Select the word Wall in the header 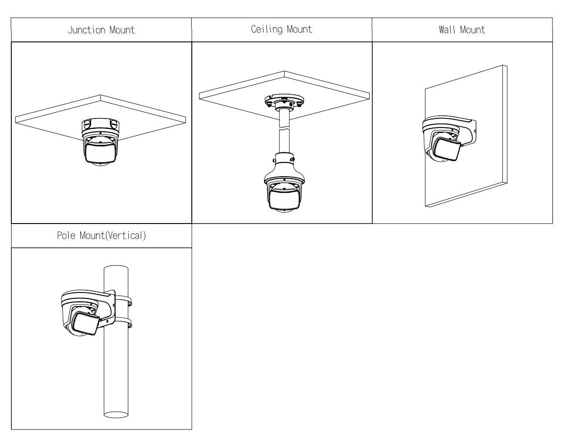pyautogui.click(x=447, y=30)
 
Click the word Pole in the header pyautogui.click(x=65, y=236)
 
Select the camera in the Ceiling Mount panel pyautogui.click(x=282, y=189)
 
